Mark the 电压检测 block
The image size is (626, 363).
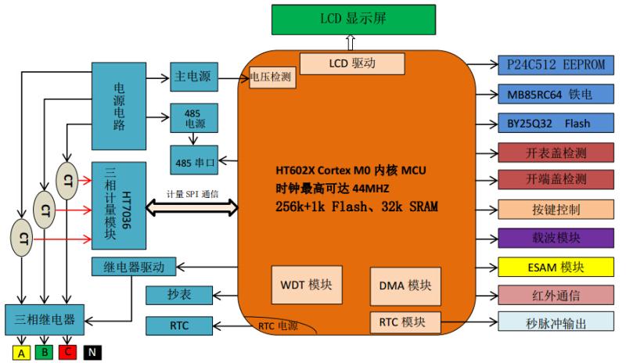(x=271, y=77)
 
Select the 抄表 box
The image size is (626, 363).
(x=179, y=295)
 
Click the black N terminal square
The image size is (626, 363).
(x=92, y=353)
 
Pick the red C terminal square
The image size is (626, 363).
(x=69, y=353)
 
